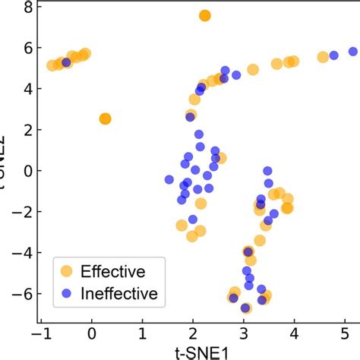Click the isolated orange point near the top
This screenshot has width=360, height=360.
(x=204, y=16)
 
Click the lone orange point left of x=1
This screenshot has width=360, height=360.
(x=106, y=118)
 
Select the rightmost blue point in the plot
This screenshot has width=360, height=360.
(x=353, y=52)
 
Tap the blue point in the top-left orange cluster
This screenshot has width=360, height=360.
(x=66, y=62)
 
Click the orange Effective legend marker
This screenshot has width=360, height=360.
(x=67, y=270)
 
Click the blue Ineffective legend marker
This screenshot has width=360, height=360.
(x=67, y=294)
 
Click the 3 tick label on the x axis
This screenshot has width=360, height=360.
(x=245, y=333)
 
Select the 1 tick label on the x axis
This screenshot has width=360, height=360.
(x=143, y=333)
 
